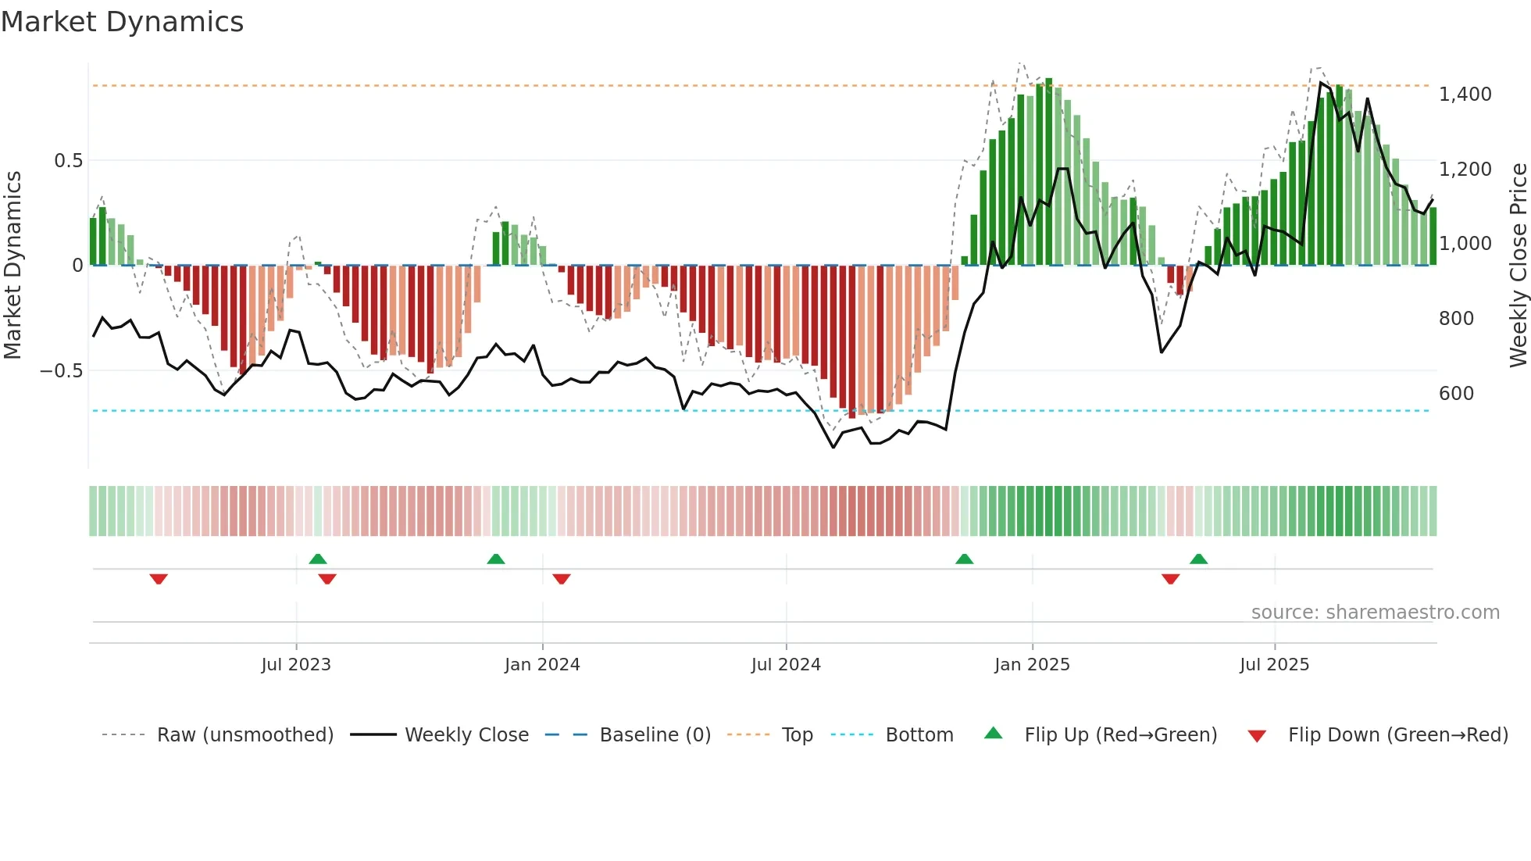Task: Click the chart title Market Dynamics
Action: click(x=122, y=22)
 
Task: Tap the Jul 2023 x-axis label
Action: click(x=296, y=665)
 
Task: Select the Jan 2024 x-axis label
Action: click(x=542, y=665)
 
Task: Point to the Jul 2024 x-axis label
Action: click(x=786, y=665)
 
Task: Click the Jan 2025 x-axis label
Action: click(x=1032, y=665)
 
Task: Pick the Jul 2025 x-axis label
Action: click(x=1274, y=665)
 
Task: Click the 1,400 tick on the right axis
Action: click(x=1465, y=95)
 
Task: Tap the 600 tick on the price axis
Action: click(x=1456, y=394)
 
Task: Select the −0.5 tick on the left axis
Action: click(x=62, y=371)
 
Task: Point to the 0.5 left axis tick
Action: click(x=68, y=161)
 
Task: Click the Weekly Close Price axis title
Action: click(x=1518, y=266)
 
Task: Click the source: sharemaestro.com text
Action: click(x=1375, y=613)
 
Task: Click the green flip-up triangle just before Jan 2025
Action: click(x=964, y=559)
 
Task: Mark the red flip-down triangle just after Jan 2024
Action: click(x=562, y=579)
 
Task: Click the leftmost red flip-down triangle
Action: click(x=159, y=579)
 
